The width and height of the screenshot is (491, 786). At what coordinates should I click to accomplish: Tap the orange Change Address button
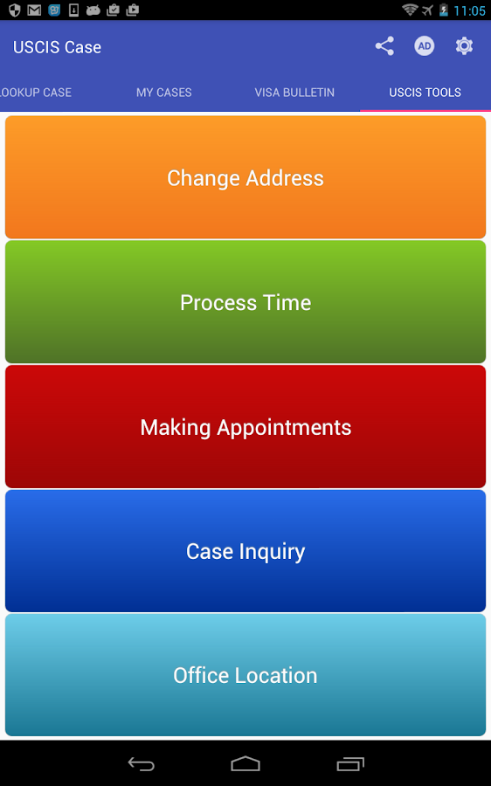(245, 177)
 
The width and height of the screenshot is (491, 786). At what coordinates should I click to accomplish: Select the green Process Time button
(245, 302)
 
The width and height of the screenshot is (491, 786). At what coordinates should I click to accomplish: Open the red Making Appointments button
(245, 426)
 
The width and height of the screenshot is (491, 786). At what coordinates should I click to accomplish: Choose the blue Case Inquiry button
(245, 551)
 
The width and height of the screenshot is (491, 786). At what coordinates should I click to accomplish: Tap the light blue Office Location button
(245, 675)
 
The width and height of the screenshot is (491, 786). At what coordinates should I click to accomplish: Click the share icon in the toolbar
(384, 46)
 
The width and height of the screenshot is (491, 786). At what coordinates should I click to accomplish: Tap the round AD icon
(425, 46)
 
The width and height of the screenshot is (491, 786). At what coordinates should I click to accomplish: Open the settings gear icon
(465, 46)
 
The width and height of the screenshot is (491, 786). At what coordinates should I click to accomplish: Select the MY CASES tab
(164, 93)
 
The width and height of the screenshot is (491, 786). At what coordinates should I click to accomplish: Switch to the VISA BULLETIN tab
(294, 93)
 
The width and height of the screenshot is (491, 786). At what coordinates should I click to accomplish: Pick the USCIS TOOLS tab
(425, 93)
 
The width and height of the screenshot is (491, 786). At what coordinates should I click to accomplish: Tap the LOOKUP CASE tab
(35, 93)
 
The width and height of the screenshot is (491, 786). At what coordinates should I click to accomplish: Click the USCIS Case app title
(57, 47)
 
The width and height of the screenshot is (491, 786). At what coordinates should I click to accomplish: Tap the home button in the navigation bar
(245, 763)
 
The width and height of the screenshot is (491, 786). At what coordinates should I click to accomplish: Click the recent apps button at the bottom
(350, 763)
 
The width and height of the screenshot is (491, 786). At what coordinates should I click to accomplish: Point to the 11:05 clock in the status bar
(469, 10)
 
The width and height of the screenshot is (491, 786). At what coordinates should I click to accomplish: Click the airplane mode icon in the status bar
(427, 10)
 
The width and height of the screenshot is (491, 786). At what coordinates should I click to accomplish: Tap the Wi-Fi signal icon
(410, 10)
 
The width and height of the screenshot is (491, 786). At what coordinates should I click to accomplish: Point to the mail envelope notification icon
(34, 10)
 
